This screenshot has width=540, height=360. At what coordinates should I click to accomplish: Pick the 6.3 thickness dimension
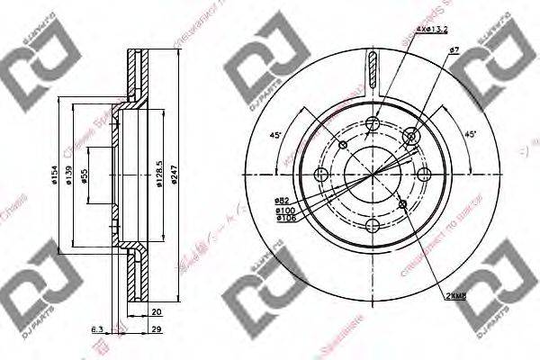(97, 329)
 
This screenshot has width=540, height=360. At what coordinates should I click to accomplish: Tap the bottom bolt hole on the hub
(373, 225)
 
